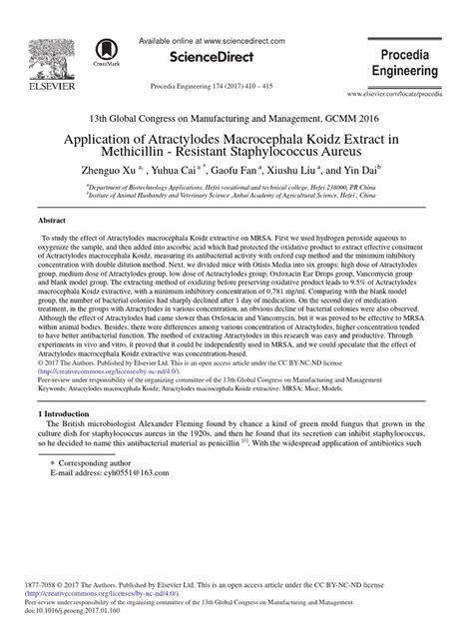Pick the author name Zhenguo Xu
pos(150,171)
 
